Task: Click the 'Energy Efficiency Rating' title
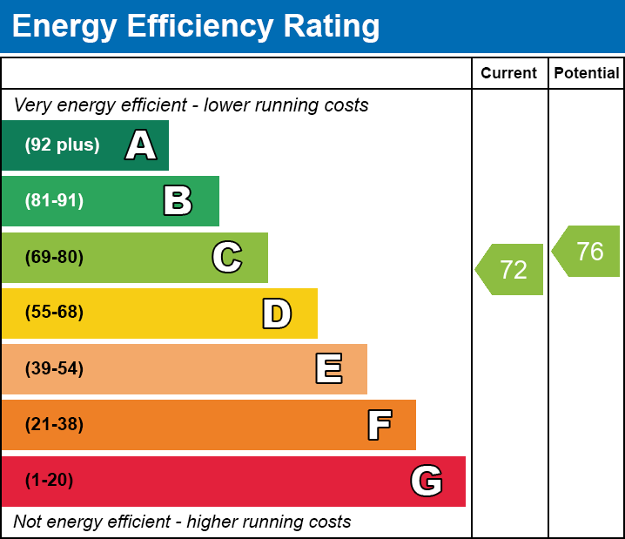tap(196, 27)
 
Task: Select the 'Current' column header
tap(509, 74)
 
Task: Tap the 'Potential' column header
tap(587, 74)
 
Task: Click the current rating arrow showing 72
tap(511, 270)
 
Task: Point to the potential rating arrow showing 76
tap(588, 252)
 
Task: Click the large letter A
tap(141, 145)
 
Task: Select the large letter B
tap(178, 201)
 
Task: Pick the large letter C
tap(227, 258)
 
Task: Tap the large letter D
tap(277, 313)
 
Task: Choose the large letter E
tap(328, 369)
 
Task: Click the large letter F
tap(379, 425)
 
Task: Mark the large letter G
tap(427, 481)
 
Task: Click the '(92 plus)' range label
tap(62, 145)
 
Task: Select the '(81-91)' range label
tap(54, 201)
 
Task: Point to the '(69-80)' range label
tap(54, 258)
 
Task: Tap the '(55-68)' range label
tap(54, 313)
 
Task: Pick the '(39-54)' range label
tap(54, 369)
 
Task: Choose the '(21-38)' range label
tap(54, 425)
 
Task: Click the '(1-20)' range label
tap(49, 481)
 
